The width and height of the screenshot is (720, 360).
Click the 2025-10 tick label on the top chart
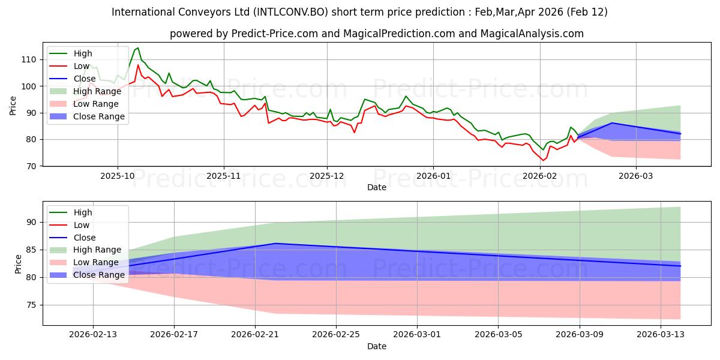point(117,176)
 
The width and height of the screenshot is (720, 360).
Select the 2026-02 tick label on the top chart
point(540,176)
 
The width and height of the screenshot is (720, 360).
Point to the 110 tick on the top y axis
point(28,59)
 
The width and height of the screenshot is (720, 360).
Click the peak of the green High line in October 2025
point(138,48)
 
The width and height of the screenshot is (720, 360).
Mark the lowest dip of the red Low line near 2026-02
point(543,160)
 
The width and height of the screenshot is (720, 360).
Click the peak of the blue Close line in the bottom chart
point(275,243)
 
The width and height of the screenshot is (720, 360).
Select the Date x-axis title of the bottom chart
point(376,346)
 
